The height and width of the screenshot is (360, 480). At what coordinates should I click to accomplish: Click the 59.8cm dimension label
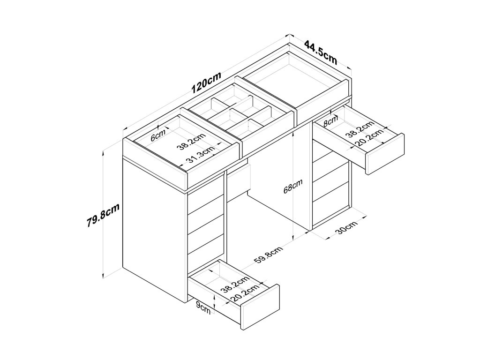pyautogui.click(x=268, y=255)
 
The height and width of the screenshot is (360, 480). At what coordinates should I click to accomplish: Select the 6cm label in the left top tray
pyautogui.click(x=158, y=137)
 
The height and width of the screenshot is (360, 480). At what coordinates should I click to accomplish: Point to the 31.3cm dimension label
pyautogui.click(x=200, y=155)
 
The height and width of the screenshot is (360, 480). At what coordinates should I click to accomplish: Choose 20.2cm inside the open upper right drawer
pyautogui.click(x=366, y=139)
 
